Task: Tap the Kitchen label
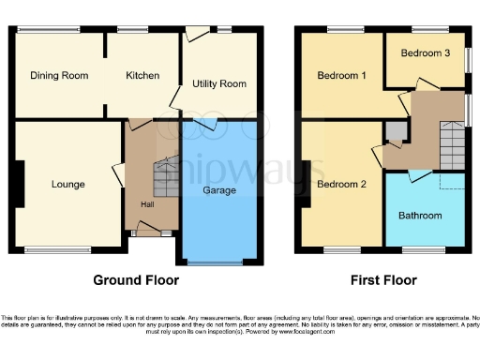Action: [x=142, y=76]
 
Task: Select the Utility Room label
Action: [x=219, y=84]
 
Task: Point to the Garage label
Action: [x=219, y=190]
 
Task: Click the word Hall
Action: [x=148, y=204]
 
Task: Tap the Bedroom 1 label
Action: [x=340, y=76]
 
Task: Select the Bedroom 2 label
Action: [x=340, y=184]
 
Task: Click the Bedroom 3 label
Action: [x=426, y=53]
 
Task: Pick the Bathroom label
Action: [x=420, y=216]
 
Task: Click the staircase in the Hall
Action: [x=165, y=176]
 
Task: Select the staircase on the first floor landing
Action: [x=452, y=145]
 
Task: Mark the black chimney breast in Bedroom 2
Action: [x=306, y=184]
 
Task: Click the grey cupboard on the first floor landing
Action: [x=397, y=130]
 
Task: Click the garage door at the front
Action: [x=219, y=263]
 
